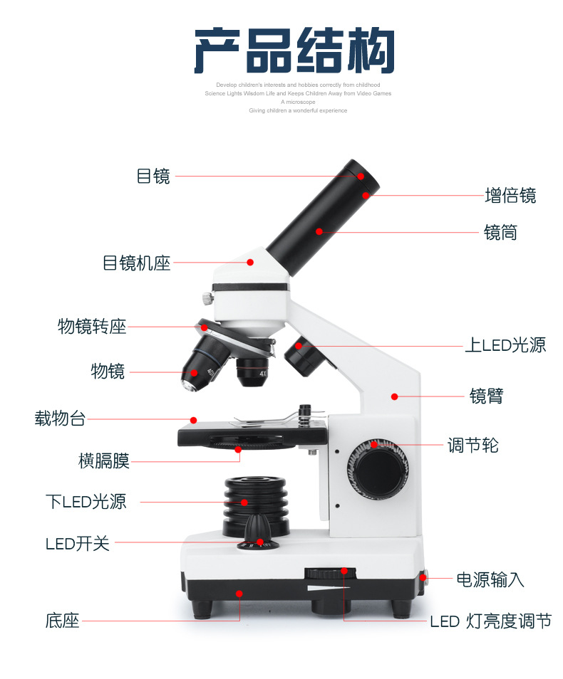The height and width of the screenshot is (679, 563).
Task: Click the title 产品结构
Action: coord(294,51)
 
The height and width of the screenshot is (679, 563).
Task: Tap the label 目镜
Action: coord(153,177)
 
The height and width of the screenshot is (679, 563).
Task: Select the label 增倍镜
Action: coord(510,196)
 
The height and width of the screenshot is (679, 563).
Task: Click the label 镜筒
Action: coord(500,233)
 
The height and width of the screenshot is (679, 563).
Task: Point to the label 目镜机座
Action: coord(137,263)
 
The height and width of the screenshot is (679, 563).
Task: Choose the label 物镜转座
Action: coord(91,327)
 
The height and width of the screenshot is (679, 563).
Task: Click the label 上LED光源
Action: coord(505,346)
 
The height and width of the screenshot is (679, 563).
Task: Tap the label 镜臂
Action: coord(486,396)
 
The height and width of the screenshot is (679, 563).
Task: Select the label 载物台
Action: coord(60,419)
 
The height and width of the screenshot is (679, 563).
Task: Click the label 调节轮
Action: coord(472,446)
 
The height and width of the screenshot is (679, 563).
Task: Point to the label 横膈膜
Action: coord(103,461)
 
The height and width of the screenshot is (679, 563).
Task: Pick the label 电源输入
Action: coord(490,579)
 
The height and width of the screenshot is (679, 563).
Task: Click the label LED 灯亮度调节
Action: coord(490,621)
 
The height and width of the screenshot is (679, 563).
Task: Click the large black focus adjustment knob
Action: coord(378,470)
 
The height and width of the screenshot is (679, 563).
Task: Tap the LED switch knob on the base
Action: coord(258,534)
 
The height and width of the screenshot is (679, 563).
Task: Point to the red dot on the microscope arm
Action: coord(393,396)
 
